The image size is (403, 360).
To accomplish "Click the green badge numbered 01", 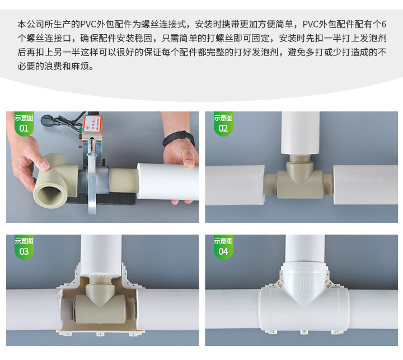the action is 24,123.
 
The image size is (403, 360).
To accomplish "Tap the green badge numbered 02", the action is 223,123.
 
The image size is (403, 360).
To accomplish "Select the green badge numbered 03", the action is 24,246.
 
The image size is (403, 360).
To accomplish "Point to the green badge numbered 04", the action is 223,246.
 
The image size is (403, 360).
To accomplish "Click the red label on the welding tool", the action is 92,124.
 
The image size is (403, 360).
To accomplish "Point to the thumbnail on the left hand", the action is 44,165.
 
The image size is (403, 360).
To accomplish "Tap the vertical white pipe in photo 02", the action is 300,133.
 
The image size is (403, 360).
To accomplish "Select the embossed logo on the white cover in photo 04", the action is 305,283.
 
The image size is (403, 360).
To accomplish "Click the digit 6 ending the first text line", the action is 384,24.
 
